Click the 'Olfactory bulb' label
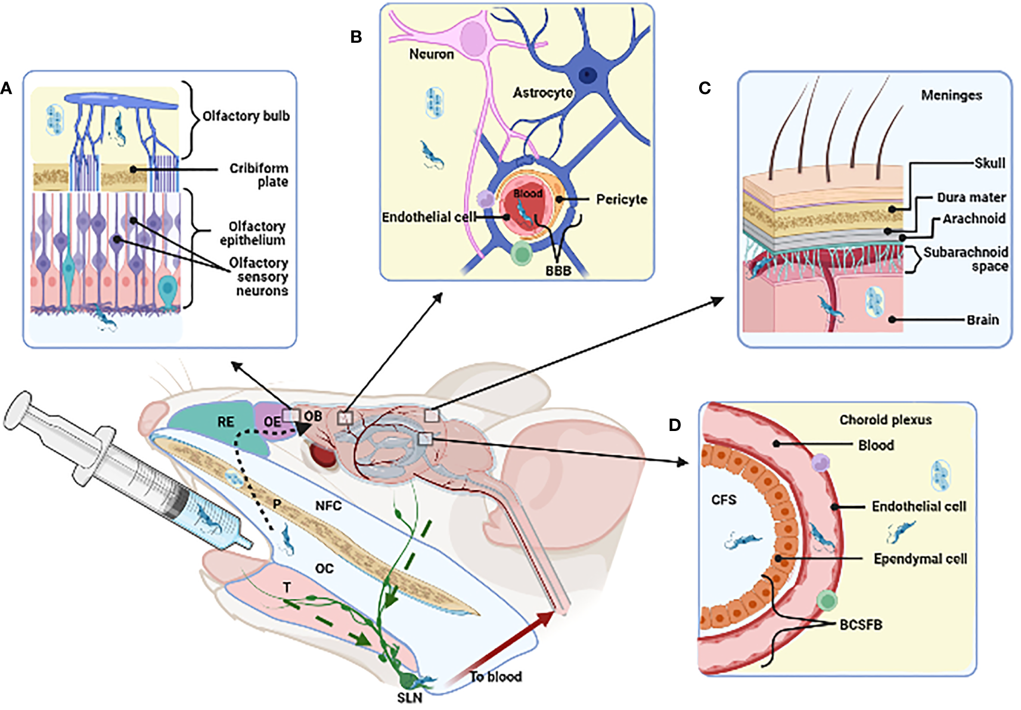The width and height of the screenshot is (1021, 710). click(246, 116)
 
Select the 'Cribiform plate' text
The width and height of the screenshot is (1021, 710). click(259, 175)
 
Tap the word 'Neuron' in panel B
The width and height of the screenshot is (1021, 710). click(431, 54)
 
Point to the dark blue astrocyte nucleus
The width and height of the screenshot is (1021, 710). click(589, 75)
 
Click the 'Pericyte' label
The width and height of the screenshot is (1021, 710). click(621, 200)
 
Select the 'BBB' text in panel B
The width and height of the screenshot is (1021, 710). click(558, 271)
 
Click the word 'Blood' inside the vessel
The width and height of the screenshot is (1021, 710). click(527, 193)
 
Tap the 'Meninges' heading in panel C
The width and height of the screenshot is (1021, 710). click(951, 95)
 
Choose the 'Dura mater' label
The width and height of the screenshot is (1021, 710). click(971, 197)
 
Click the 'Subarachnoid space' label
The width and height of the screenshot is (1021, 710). click(966, 259)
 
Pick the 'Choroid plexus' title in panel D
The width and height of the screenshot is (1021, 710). click(885, 420)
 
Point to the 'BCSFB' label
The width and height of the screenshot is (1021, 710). click(861, 625)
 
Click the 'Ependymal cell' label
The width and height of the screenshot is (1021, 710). click(920, 559)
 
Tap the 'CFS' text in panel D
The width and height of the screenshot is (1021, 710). click(724, 500)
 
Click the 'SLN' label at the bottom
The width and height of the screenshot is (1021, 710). click(409, 697)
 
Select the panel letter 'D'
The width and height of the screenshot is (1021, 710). click(675, 425)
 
